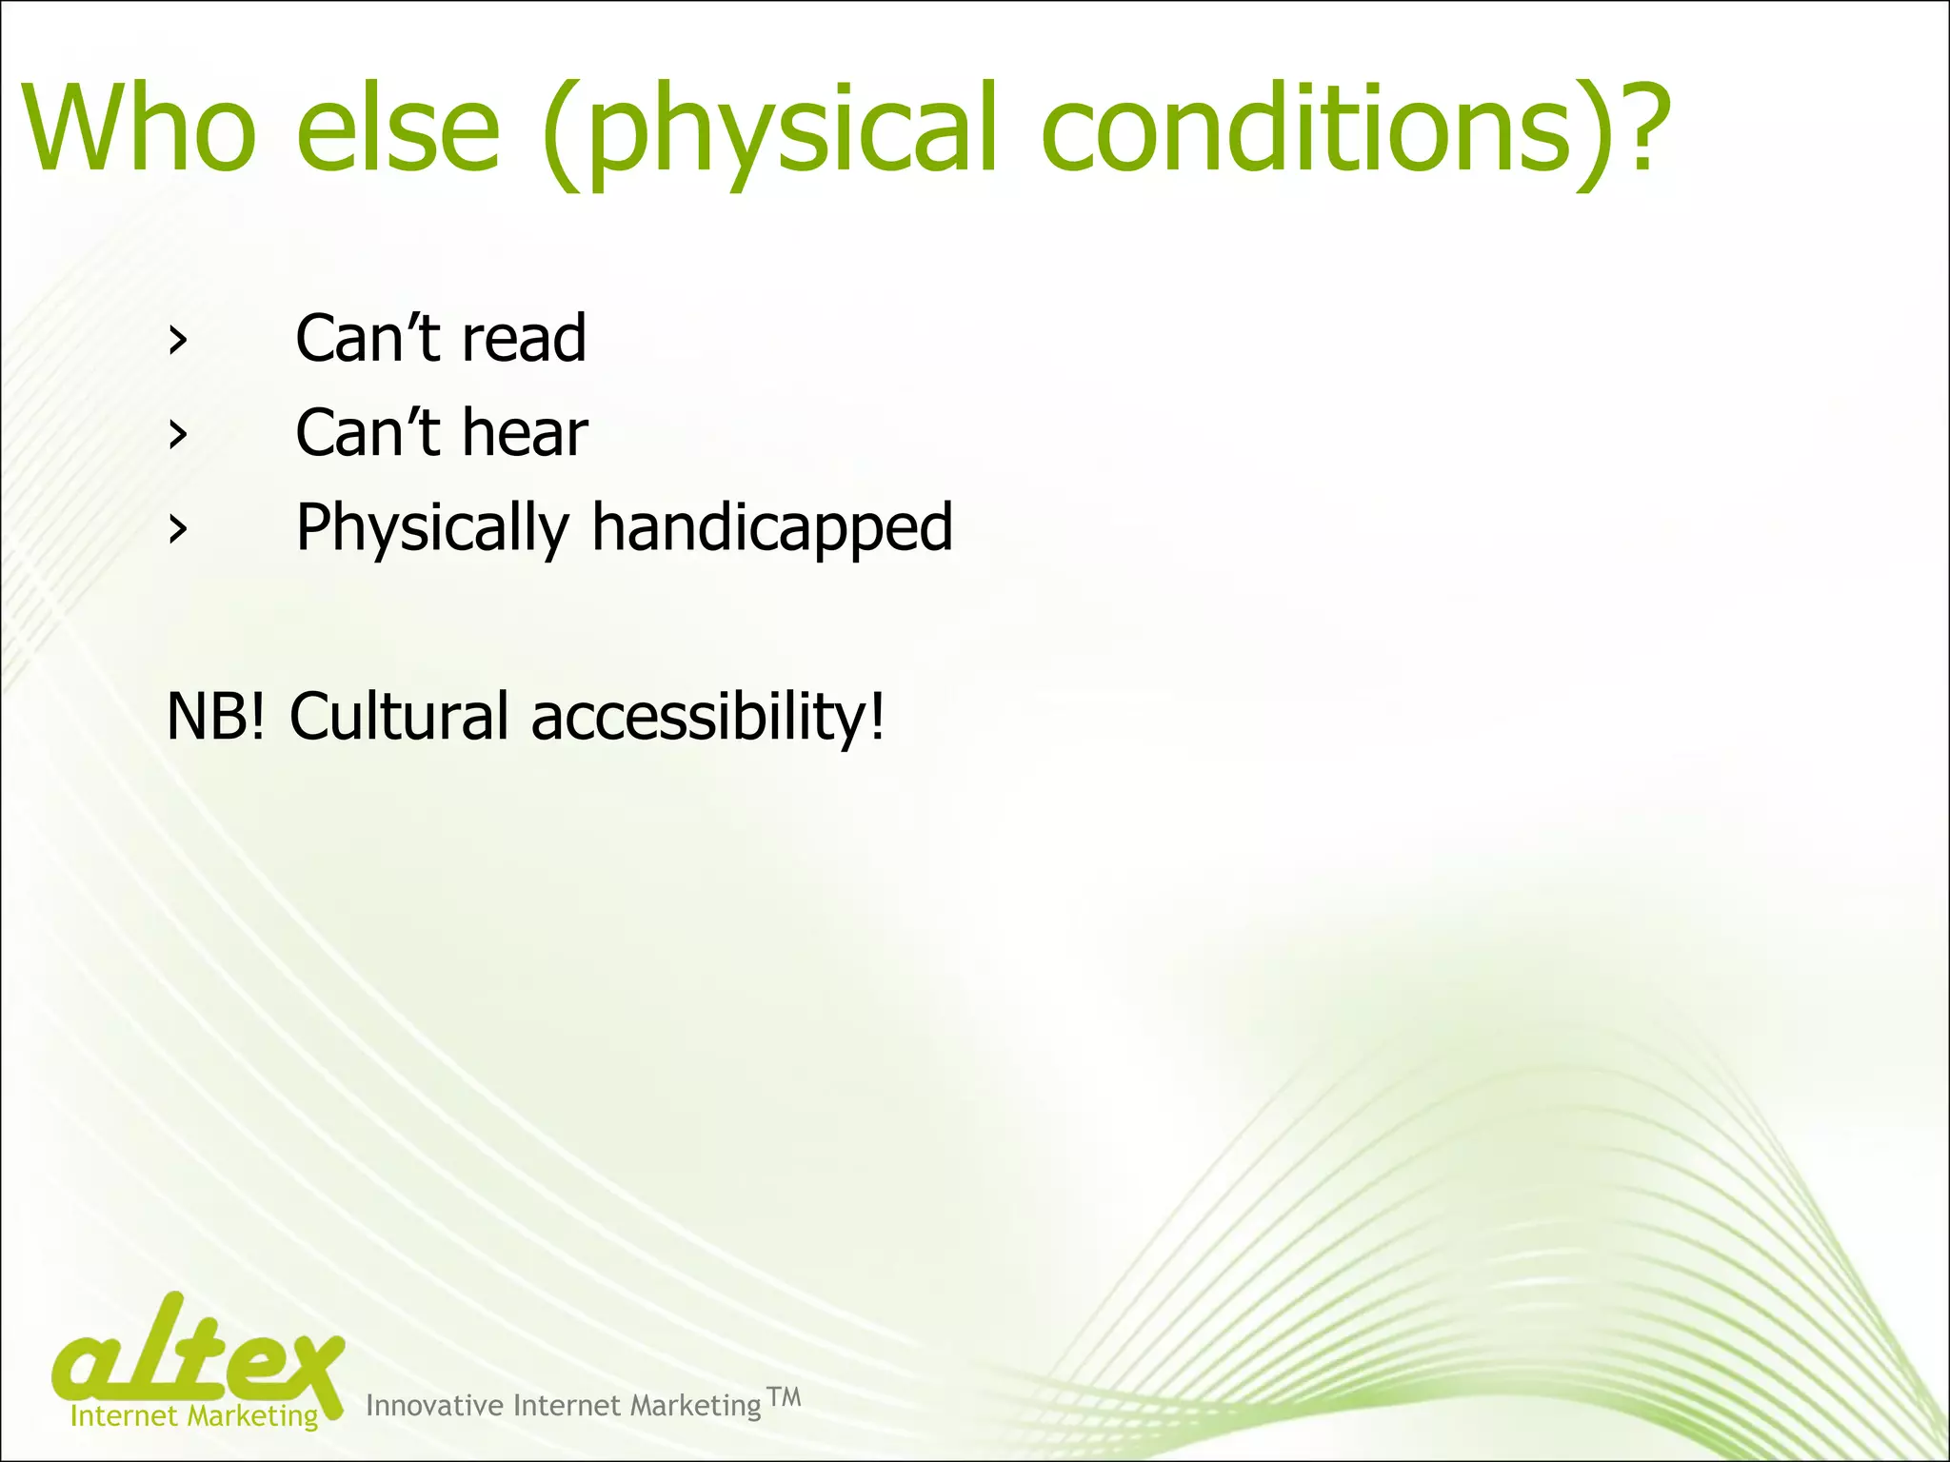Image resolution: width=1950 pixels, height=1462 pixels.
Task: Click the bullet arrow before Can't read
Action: [176, 341]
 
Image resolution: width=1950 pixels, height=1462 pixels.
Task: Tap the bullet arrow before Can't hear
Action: [176, 435]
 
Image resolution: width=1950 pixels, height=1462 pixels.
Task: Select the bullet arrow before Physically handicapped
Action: [176, 529]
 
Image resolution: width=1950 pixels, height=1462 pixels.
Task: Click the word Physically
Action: [432, 529]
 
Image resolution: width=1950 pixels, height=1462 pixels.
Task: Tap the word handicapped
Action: [771, 529]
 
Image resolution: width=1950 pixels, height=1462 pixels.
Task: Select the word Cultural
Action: [399, 717]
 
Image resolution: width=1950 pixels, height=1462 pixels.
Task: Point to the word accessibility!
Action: [708, 717]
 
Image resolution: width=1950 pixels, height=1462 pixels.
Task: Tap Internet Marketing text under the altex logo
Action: [194, 1416]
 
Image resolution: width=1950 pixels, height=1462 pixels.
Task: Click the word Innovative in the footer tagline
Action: [434, 1406]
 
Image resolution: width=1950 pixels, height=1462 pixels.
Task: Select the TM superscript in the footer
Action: [784, 1397]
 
